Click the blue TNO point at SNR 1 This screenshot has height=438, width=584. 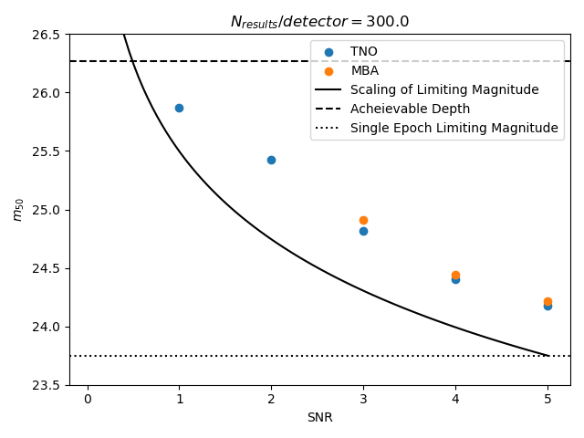pyautogui.click(x=179, y=108)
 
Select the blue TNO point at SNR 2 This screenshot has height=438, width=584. pyautogui.click(x=271, y=160)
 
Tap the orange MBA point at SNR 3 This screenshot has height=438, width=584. pyautogui.click(x=363, y=220)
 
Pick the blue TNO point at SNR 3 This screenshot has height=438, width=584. pyautogui.click(x=363, y=231)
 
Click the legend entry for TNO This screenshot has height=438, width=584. pyautogui.click(x=363, y=51)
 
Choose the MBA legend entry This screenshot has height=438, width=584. pyautogui.click(x=364, y=70)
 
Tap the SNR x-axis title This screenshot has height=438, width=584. pyautogui.click(x=319, y=418)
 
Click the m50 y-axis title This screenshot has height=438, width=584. pyautogui.click(x=17, y=210)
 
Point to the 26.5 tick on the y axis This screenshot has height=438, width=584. pyautogui.click(x=47, y=35)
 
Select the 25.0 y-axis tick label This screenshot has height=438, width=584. pyautogui.click(x=47, y=210)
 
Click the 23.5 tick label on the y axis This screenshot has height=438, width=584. pyautogui.click(x=47, y=385)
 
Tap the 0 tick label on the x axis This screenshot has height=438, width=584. pyautogui.click(x=88, y=400)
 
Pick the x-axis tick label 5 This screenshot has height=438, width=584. pyautogui.click(x=547, y=400)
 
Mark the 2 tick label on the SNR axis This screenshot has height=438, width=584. pyautogui.click(x=271, y=400)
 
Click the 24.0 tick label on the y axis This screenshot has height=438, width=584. pyautogui.click(x=47, y=327)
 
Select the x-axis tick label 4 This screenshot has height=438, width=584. pyautogui.click(x=455, y=400)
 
